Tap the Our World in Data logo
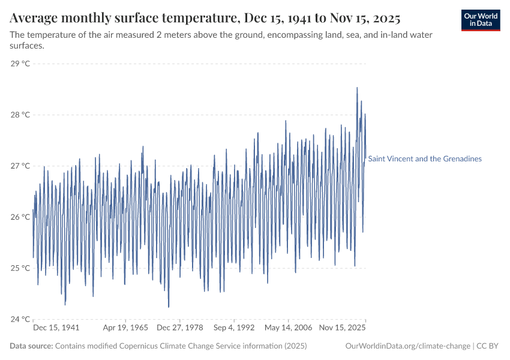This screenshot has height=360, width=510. point(481,20)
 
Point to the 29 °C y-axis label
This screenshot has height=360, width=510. point(20,64)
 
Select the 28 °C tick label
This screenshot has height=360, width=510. point(20,115)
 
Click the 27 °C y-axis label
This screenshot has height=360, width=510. point(20,166)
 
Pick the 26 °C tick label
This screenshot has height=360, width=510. point(20,217)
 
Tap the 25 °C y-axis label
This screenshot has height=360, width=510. point(20,268)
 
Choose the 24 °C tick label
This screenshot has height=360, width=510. point(20,319)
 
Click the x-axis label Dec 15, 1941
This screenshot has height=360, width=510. point(56,328)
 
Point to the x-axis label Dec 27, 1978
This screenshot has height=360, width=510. point(180,328)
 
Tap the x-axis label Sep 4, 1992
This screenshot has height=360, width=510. point(234,328)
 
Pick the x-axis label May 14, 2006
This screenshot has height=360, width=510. point(289,328)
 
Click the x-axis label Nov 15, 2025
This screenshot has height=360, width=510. point(341,328)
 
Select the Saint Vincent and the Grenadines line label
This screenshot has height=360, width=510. point(425,159)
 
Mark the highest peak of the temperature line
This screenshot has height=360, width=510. point(357,88)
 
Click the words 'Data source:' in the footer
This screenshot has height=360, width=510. point(31,346)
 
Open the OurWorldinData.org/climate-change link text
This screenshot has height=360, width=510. point(408,346)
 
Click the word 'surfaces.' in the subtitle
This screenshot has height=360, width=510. point(28,46)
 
